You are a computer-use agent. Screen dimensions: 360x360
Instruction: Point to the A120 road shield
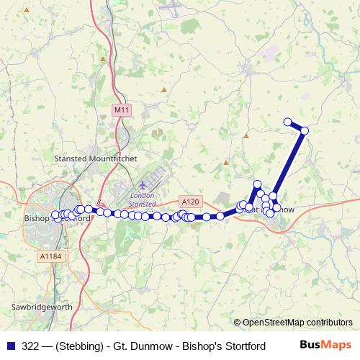(x=189, y=202)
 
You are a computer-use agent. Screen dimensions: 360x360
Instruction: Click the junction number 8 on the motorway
(x=99, y=202)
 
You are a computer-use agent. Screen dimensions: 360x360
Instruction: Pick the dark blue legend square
(x=10, y=346)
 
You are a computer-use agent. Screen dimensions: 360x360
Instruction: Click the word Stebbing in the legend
(x=73, y=346)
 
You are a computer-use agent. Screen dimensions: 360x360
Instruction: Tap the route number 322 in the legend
(x=31, y=346)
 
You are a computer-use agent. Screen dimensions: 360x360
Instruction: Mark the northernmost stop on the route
(x=288, y=122)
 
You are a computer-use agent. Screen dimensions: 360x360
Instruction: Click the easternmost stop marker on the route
(x=305, y=130)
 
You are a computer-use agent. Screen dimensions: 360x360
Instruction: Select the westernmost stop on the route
(x=55, y=215)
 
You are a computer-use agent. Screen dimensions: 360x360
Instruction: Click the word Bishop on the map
(x=37, y=216)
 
